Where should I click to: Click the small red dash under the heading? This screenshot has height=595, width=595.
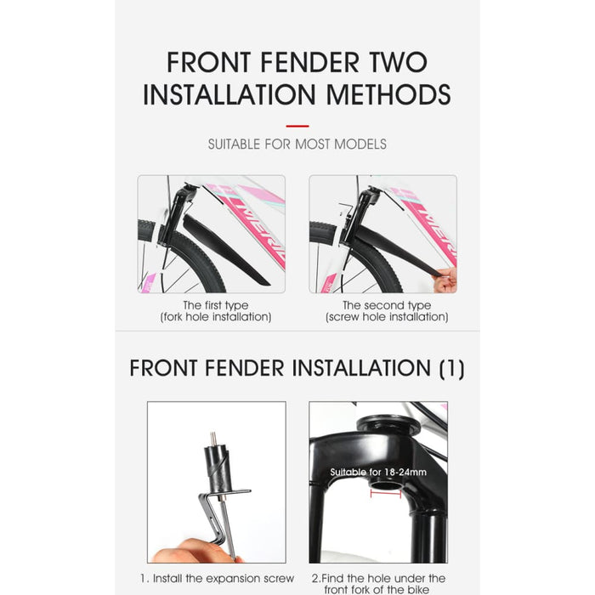click(x=297, y=126)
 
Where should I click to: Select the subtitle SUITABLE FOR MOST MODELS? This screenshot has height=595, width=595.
click(x=297, y=144)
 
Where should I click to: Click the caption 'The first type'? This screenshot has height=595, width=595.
click(x=216, y=305)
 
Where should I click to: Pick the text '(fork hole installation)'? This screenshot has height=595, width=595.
click(x=216, y=317)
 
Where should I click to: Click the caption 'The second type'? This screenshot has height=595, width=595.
click(x=386, y=305)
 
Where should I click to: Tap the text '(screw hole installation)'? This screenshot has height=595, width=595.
click(x=386, y=317)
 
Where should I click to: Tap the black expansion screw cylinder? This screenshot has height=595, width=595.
click(x=216, y=468)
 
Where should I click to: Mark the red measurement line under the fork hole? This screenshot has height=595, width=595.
click(x=385, y=490)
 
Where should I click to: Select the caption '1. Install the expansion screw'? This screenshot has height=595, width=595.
click(x=217, y=579)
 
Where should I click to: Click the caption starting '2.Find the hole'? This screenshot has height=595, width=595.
click(x=377, y=584)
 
